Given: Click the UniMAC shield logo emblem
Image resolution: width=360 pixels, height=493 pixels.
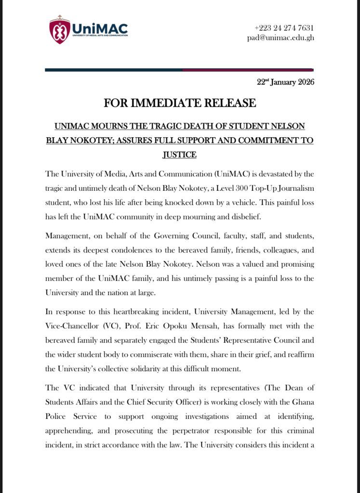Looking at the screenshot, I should [x=60, y=30].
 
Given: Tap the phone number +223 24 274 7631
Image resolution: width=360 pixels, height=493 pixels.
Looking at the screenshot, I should [x=284, y=27].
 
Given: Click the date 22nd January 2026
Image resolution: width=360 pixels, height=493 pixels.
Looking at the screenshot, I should [x=285, y=82].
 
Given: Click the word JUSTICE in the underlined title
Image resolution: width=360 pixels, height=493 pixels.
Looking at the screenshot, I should [x=179, y=155].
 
